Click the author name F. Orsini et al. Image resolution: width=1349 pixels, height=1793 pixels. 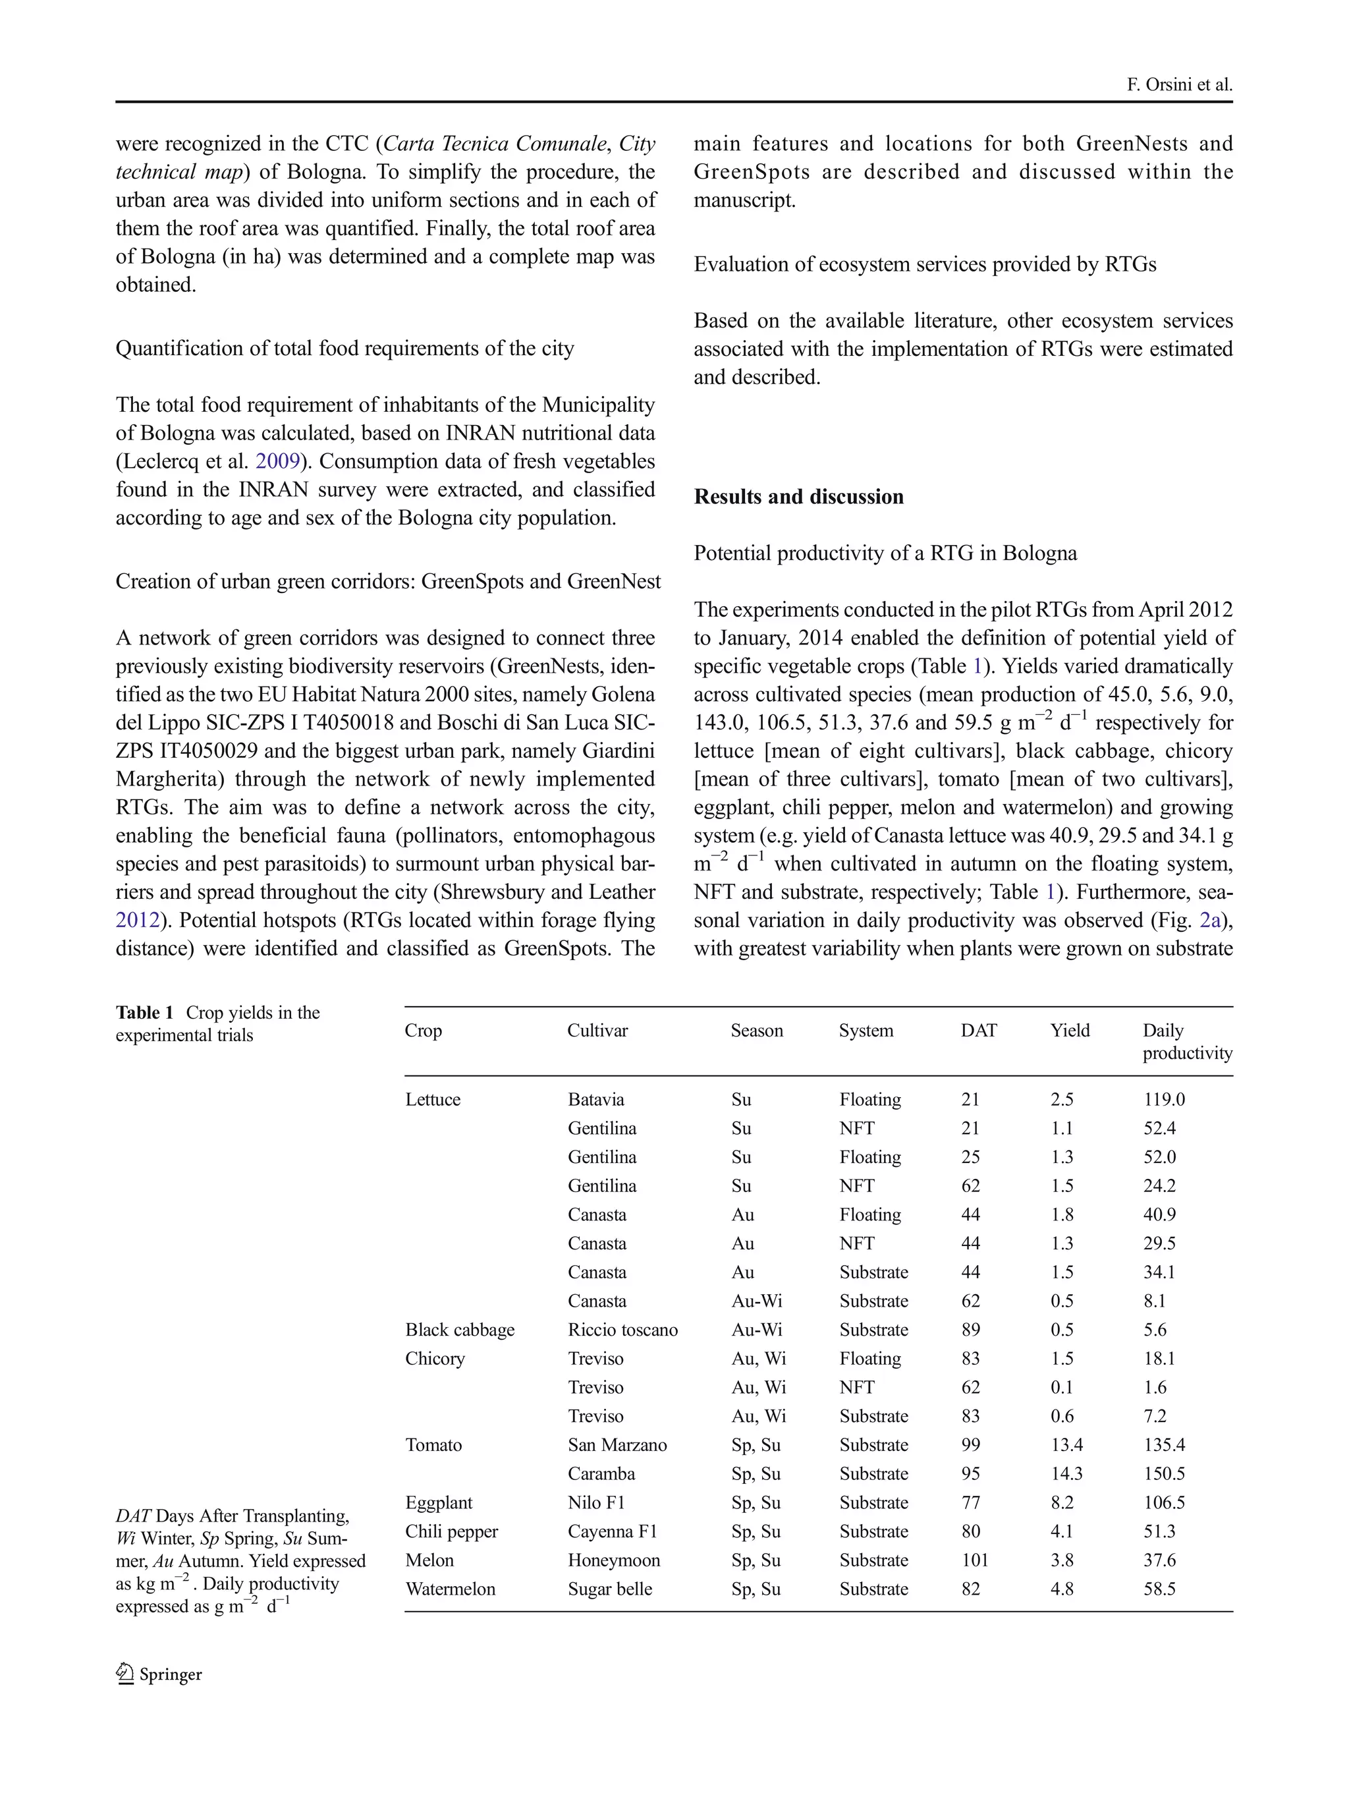(1179, 84)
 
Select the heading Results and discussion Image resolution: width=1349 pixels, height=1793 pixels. (798, 496)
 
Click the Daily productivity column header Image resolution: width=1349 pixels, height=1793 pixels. (1186, 1042)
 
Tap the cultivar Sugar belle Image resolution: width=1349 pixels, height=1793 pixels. (609, 1589)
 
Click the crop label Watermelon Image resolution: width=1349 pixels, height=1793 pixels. (450, 1589)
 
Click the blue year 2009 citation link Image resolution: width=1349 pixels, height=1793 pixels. (278, 461)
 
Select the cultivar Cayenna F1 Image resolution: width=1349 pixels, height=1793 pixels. (612, 1531)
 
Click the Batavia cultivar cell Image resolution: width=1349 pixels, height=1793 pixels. (595, 1099)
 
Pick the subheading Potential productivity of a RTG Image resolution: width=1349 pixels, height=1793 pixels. (885, 553)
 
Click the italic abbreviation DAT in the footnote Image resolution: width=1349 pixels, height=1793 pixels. (133, 1516)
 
